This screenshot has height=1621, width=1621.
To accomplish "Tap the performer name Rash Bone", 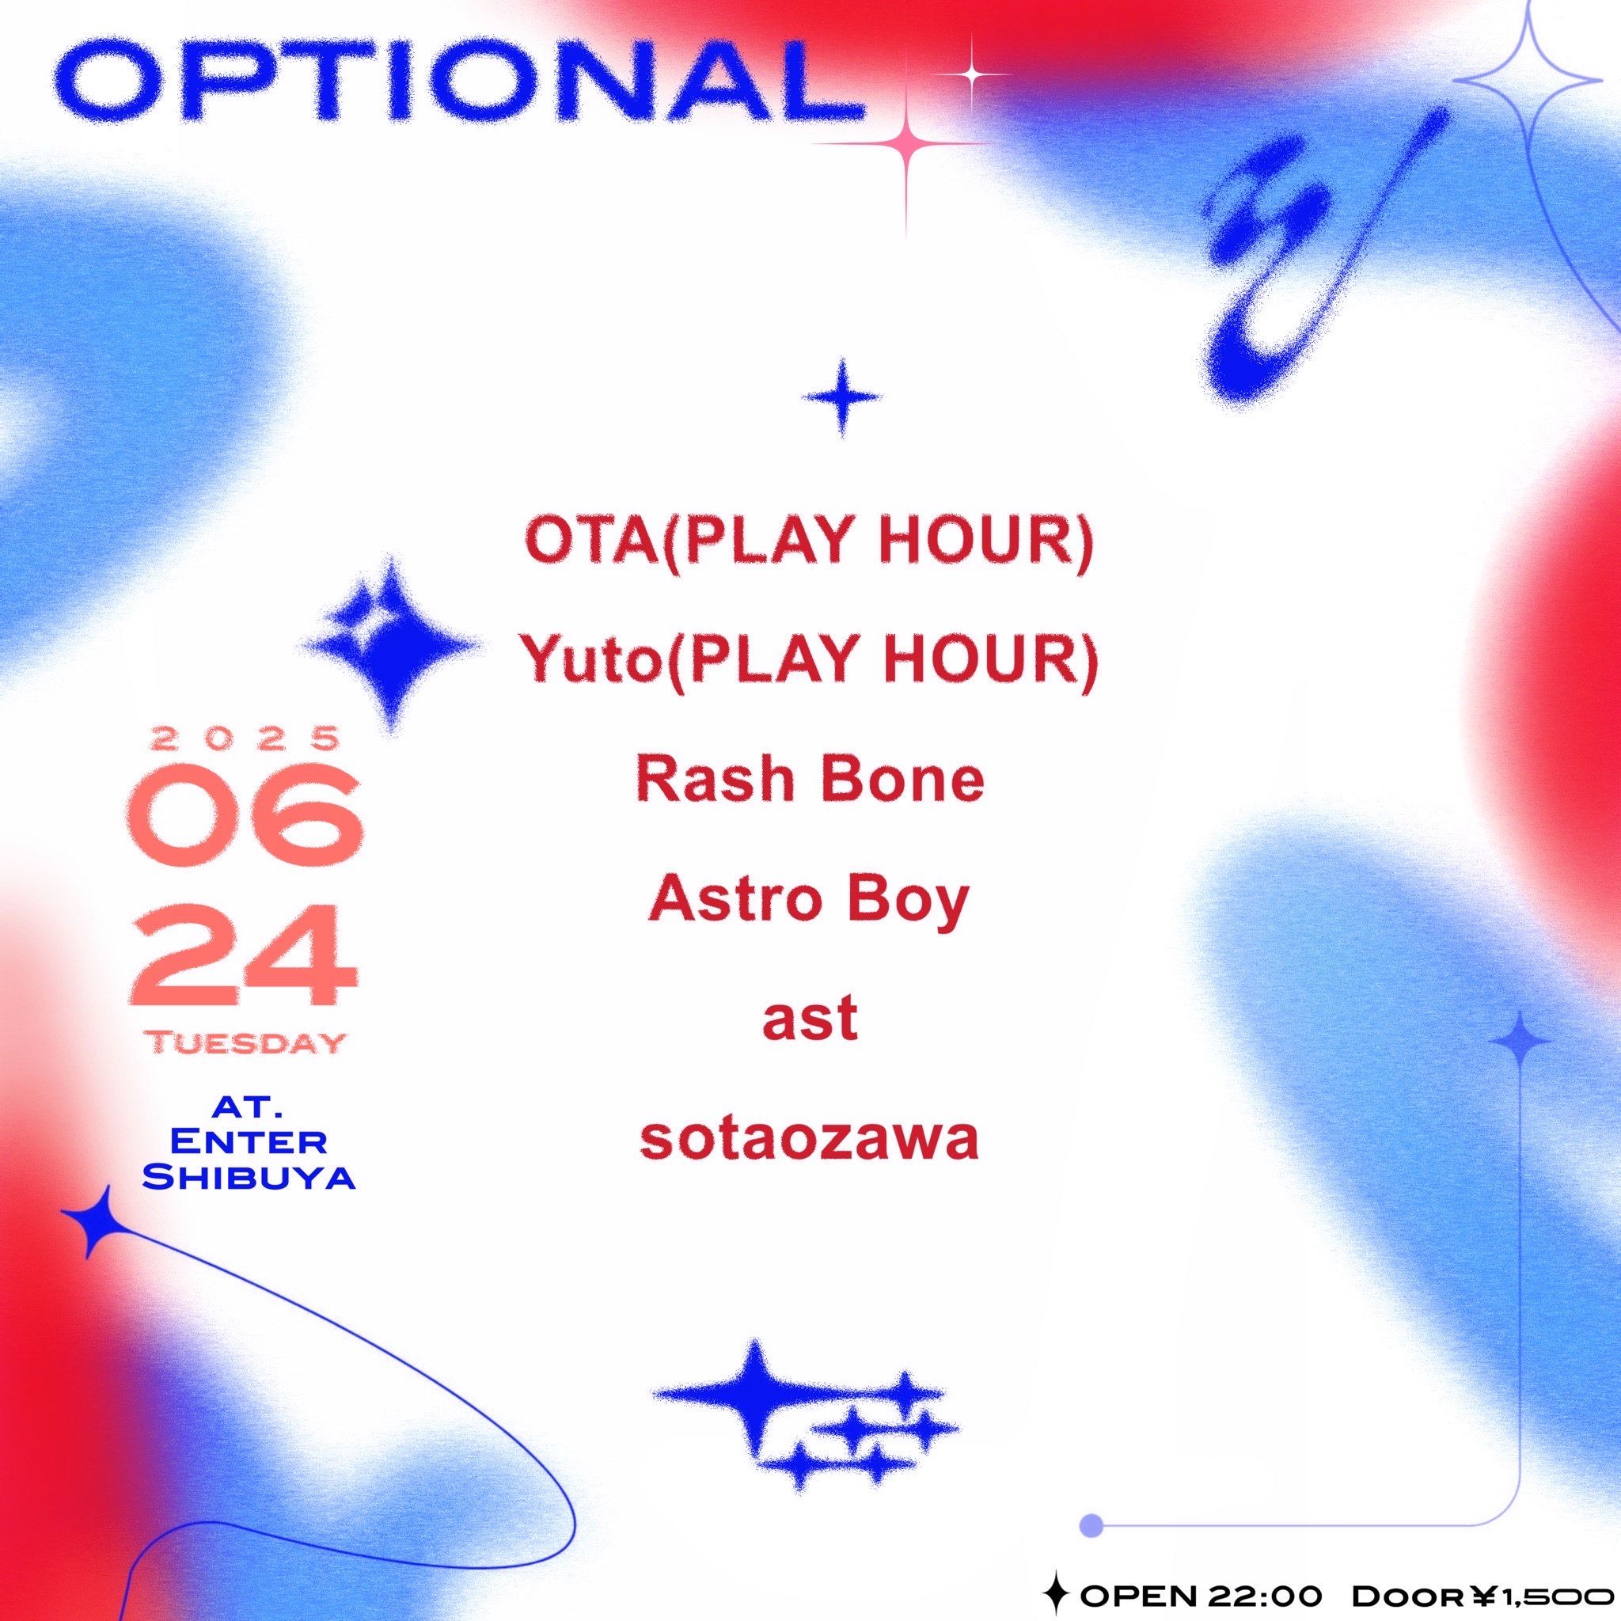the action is pos(810,781).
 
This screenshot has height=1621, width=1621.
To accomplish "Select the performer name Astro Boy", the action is pos(810,904).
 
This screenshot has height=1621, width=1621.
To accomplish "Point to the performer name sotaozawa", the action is pos(810,1142).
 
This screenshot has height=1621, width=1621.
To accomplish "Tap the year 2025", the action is pos(247,738).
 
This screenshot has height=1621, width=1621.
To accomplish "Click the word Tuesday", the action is pos(247,1045).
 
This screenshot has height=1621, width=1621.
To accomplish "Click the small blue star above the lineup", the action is pos(841,397).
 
